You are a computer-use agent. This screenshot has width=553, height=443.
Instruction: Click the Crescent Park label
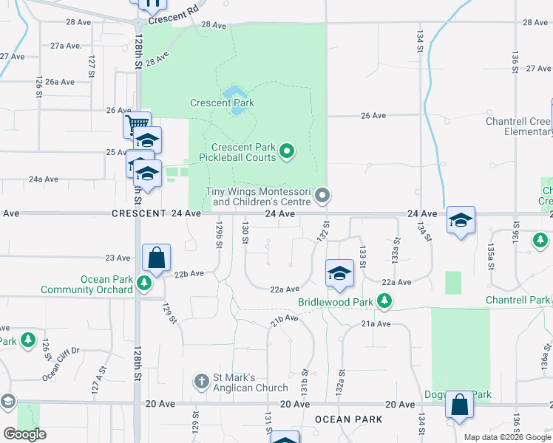(x=222, y=103)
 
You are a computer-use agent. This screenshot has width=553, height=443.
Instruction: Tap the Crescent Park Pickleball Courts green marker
(x=288, y=152)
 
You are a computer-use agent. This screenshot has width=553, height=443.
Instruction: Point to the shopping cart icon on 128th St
(x=137, y=124)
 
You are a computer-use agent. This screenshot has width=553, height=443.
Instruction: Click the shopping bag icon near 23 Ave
(x=157, y=258)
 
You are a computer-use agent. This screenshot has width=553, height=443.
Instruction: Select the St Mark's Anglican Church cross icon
(x=200, y=382)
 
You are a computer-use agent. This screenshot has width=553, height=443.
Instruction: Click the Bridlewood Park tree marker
(x=384, y=301)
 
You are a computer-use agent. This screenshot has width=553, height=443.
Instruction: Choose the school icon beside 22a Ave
(x=339, y=273)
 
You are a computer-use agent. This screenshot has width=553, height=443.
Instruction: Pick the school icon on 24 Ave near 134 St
(x=461, y=220)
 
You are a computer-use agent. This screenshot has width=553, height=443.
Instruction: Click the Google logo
(x=25, y=434)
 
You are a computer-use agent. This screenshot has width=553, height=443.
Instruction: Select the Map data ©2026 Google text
(x=507, y=437)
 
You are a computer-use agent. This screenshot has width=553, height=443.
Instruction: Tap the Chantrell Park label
(x=518, y=301)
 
